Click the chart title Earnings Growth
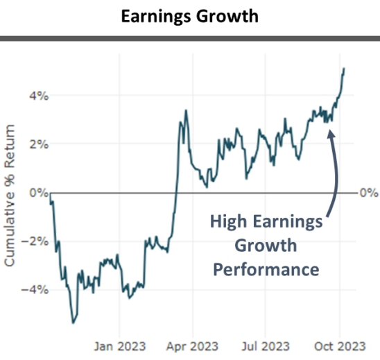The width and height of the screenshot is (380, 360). pyautogui.click(x=189, y=15)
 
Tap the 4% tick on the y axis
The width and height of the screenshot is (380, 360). pyautogui.click(x=38, y=96)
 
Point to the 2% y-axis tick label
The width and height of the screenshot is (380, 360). pyautogui.click(x=38, y=144)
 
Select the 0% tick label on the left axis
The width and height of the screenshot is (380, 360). pyautogui.click(x=38, y=193)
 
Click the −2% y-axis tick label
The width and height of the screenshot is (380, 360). pyautogui.click(x=35, y=241)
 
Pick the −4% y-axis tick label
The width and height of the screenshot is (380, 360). pyautogui.click(x=35, y=290)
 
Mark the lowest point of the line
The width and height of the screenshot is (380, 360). pyautogui.click(x=74, y=323)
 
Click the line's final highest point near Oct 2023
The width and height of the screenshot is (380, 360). pyautogui.click(x=345, y=68)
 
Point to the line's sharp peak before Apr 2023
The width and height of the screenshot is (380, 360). pyautogui.click(x=186, y=110)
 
